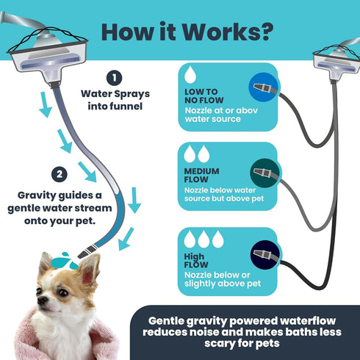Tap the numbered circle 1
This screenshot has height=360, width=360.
point(115,78)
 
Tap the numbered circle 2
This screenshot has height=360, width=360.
point(60,174)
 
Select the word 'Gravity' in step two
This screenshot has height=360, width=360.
point(37,196)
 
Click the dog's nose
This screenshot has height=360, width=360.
point(42,300)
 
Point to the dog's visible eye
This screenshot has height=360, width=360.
point(63,292)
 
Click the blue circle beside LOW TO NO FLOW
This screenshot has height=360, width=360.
point(263,87)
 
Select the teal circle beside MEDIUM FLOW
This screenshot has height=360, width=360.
point(264,173)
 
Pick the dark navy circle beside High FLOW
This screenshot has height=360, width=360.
point(265,255)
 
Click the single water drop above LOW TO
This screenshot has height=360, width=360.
point(190,74)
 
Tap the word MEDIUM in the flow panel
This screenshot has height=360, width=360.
point(201,171)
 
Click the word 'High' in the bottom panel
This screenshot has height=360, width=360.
point(194,257)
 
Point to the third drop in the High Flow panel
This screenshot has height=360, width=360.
point(217,239)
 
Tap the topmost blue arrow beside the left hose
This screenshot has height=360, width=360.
point(46,104)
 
